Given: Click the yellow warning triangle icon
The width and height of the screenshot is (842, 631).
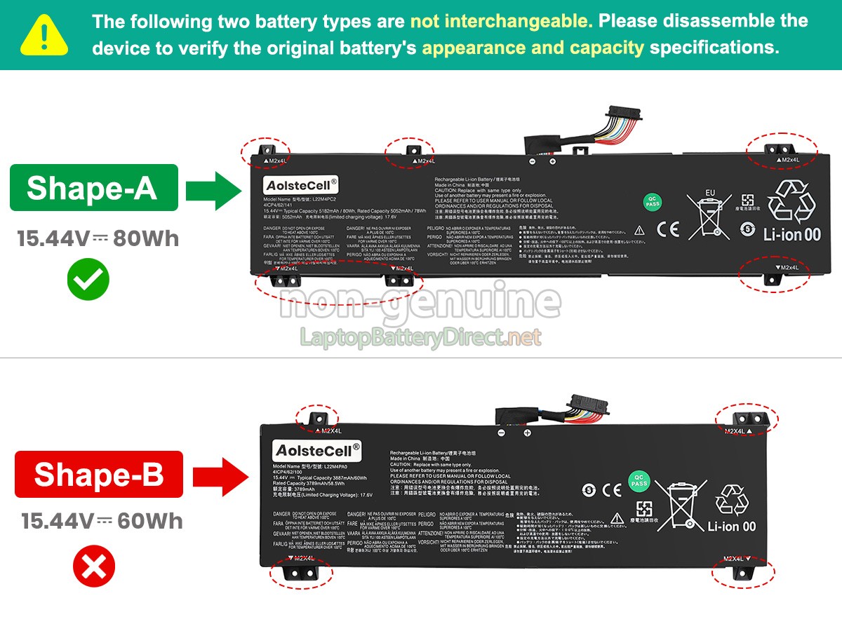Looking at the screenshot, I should [44, 36].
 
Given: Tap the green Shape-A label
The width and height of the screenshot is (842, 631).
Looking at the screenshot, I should [93, 188].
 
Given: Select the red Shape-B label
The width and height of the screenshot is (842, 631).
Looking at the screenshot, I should [99, 474].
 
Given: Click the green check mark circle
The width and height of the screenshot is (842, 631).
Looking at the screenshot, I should [88, 279].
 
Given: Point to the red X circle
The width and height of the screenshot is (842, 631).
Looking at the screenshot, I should [94, 566].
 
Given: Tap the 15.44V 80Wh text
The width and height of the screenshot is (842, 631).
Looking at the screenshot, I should [98, 239].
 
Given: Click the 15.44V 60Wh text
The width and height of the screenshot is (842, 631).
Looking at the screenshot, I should [102, 521].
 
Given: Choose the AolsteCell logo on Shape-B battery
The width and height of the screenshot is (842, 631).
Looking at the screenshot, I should [318, 449].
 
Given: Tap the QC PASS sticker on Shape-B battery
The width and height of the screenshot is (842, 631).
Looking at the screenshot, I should [639, 481].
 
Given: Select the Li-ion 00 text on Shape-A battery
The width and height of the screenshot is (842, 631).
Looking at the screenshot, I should [791, 235].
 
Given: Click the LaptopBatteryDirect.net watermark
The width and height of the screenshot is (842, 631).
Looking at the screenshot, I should [421, 338].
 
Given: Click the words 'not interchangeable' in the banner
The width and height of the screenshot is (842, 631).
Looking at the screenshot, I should [501, 21].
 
